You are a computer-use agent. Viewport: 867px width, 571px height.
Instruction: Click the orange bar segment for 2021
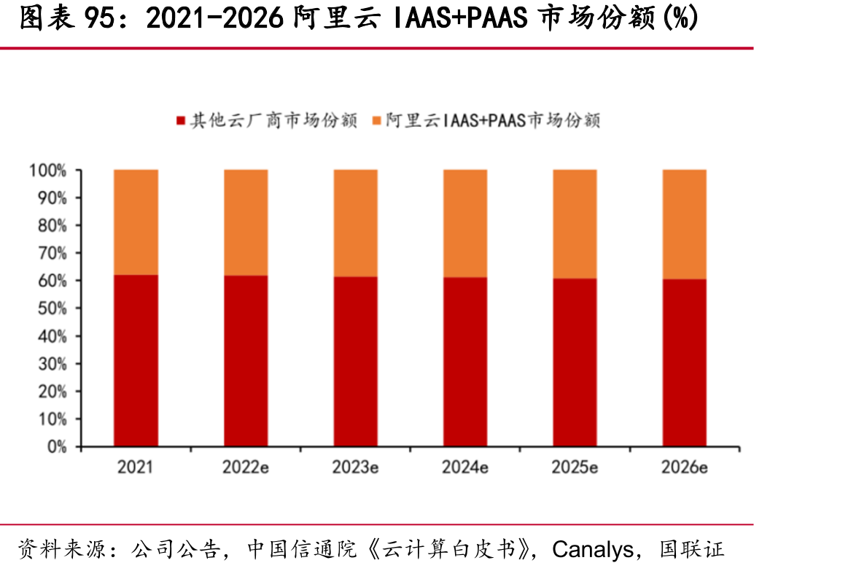click(136, 222)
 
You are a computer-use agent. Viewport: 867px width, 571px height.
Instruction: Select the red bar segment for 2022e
click(246, 361)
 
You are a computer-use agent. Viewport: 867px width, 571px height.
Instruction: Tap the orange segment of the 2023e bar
click(356, 223)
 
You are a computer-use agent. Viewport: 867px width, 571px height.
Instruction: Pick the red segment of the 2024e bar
click(465, 362)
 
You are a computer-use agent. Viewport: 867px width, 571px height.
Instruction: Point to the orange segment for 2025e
click(575, 224)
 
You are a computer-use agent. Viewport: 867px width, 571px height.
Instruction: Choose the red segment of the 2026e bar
click(685, 362)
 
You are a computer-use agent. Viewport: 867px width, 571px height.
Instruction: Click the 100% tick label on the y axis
click(48, 171)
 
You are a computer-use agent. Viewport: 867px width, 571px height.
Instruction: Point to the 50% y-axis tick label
click(52, 308)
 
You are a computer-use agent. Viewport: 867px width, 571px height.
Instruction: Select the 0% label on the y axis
click(56, 446)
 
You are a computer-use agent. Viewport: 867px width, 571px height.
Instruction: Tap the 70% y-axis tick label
click(52, 253)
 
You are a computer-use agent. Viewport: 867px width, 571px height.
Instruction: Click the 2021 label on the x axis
click(135, 467)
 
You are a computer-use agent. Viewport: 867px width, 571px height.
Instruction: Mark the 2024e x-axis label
click(465, 467)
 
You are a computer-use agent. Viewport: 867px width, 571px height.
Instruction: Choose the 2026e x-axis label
click(685, 467)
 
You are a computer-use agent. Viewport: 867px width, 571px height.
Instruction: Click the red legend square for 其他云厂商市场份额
click(181, 120)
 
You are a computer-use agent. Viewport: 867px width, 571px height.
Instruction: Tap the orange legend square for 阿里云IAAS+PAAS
click(376, 120)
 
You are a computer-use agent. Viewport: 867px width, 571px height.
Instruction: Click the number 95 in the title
click(99, 18)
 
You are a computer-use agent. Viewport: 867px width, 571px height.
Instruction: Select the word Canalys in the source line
click(593, 549)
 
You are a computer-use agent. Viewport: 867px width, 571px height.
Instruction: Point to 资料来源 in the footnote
click(61, 549)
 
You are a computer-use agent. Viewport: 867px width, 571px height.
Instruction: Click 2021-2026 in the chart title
click(215, 18)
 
